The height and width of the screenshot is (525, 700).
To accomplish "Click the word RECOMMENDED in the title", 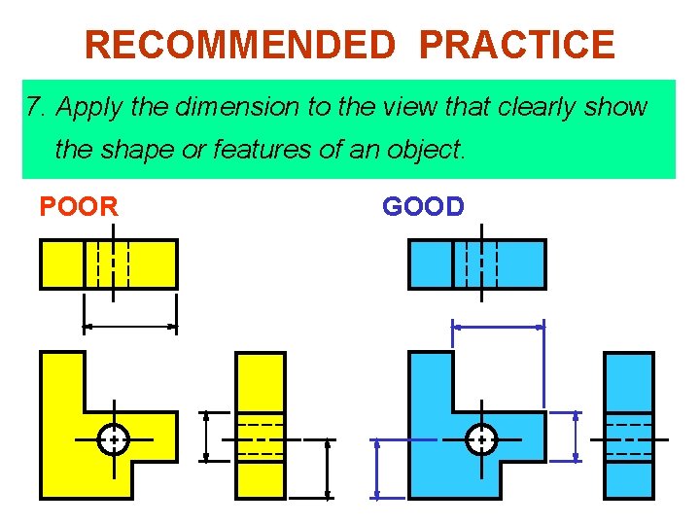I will pyautogui.click(x=239, y=45).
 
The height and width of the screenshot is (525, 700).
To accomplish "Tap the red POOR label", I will pyautogui.click(x=79, y=206).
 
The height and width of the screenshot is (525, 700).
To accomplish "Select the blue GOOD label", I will pyautogui.click(x=423, y=206).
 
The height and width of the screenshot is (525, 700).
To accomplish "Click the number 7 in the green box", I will pyautogui.click(x=34, y=107).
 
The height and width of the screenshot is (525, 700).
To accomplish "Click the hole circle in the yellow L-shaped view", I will pyautogui.click(x=114, y=439).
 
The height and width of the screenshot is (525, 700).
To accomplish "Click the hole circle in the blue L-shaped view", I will pyautogui.click(x=481, y=439).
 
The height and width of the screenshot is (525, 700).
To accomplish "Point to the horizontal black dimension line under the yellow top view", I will pyautogui.click(x=130, y=328).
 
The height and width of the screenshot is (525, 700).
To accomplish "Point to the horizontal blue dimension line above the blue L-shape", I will pyautogui.click(x=499, y=328).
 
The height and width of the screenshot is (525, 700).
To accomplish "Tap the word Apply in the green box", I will pyautogui.click(x=90, y=107).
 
